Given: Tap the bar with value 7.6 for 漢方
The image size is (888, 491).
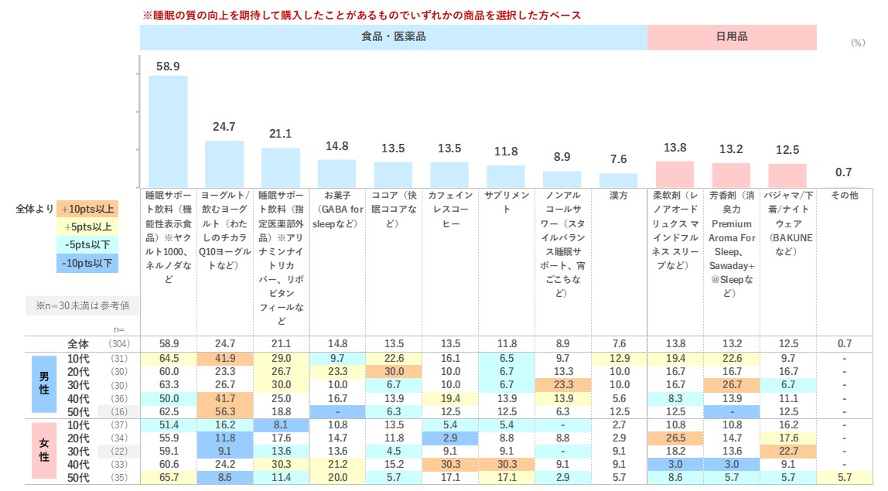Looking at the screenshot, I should pos(618,179).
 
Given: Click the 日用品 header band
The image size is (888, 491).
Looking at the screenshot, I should pos(732,36).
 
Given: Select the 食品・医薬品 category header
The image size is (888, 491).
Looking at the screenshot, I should pos(394,36).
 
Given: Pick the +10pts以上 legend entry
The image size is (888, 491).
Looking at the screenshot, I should pos(87,208).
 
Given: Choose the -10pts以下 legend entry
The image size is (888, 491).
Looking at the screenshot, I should pos(87,264).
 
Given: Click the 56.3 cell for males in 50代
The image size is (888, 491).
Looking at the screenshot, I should pos(224,411).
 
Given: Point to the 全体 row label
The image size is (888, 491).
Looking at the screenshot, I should pos(78,343).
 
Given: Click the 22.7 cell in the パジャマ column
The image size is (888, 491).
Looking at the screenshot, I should pos(787,451).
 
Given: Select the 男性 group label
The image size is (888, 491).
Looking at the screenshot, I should pos(43,384).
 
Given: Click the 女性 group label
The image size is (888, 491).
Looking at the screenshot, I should pos(43,452).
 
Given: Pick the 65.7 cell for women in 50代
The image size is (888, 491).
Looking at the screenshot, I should pos(168,478).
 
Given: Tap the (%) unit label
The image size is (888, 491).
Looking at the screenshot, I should pos(857,43).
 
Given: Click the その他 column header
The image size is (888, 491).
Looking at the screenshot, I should pos(843,196).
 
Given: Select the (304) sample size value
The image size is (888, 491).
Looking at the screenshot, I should pos(119,344).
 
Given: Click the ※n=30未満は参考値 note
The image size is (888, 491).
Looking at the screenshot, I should pos(82,306).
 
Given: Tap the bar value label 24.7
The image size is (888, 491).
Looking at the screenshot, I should pos(224,127).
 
